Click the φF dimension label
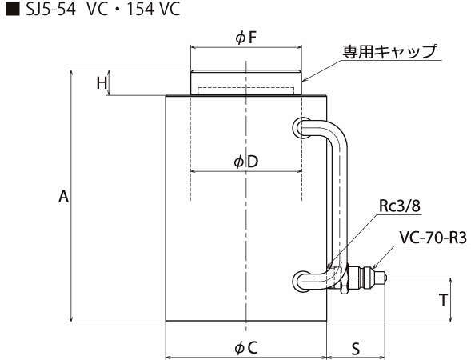245,38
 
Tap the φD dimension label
246,162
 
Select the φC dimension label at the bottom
246,348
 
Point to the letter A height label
63,197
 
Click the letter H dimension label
102,82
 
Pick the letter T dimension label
443,300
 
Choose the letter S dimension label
356,349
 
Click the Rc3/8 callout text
400,206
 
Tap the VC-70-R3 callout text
433,238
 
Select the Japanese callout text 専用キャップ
390,51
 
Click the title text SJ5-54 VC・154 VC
102,10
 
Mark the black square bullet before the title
13,9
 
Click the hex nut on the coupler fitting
344,278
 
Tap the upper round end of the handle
301,128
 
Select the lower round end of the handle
301,281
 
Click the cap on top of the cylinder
246,82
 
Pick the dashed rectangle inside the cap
246,90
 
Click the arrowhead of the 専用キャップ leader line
303,80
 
